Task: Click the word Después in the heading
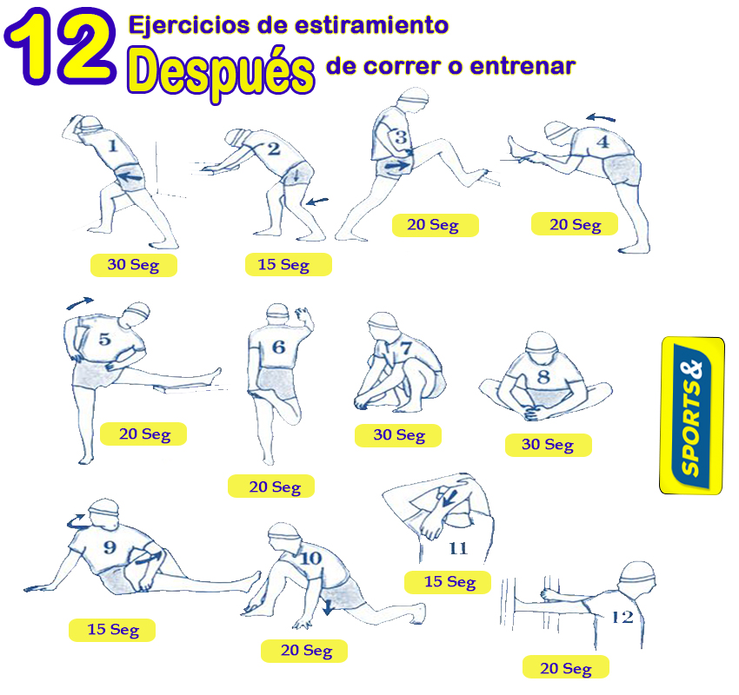tap(220, 69)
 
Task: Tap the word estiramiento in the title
tap(375, 25)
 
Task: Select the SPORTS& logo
tap(692, 416)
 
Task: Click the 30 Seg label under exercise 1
tap(133, 265)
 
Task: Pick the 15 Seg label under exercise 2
tap(283, 264)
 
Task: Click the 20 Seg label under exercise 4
tap(575, 224)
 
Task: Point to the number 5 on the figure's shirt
tap(104, 339)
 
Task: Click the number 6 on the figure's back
tap(278, 347)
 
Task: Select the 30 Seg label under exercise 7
tap(399, 434)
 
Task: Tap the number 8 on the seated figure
tap(543, 377)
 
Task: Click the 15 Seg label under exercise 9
tap(113, 629)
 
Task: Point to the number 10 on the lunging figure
tap(310, 559)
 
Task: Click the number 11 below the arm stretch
tap(457, 548)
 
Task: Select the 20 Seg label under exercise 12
tap(565, 667)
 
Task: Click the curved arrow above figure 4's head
tap(600, 117)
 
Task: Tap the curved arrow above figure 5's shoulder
tap(80, 303)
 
